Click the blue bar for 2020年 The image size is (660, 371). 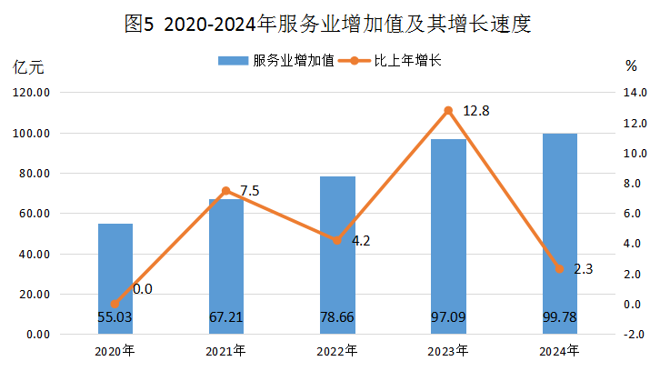[x=115, y=273]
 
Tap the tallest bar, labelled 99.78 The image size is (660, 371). [x=560, y=227]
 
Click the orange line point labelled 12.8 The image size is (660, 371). [x=448, y=111]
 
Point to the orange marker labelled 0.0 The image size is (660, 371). [x=115, y=305]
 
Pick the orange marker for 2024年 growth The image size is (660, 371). [x=560, y=269]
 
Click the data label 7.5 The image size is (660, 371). [x=250, y=191]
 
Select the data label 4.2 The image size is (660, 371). [x=361, y=241]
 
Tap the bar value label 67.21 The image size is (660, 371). [x=226, y=317]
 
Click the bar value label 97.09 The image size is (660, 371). [x=449, y=317]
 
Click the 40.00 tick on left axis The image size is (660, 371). [x=33, y=254]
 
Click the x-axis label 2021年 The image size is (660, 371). [x=226, y=350]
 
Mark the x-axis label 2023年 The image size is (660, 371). [x=449, y=350]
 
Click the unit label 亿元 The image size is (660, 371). [x=27, y=66]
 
